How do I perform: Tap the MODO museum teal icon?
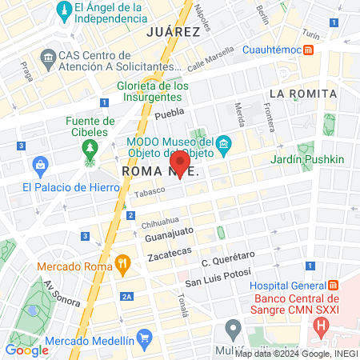225,144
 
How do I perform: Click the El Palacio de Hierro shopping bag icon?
39,166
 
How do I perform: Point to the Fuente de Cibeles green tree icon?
90,149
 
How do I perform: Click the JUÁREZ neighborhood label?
173,32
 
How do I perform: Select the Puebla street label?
170,115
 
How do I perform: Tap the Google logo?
26,350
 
